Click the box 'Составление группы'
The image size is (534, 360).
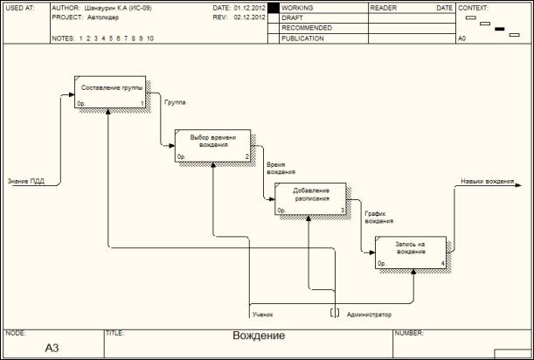pos(111,93)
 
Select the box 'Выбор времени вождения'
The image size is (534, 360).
pos(212,145)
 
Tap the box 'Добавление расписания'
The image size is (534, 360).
pos(311,198)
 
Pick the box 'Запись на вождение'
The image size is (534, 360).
pos(411,252)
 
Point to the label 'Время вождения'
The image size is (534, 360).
pos(275,169)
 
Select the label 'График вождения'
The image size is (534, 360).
pos(378,218)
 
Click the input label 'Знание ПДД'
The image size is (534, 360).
pos(26,182)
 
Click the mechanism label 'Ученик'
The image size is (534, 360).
pos(261,313)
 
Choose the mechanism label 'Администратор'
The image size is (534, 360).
pos(369,313)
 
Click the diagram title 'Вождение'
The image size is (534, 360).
pos(259,336)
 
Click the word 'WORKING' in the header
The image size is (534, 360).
pos(297,7)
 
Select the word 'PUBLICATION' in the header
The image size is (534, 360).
pos(302,38)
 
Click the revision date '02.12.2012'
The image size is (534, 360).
pos(250,17)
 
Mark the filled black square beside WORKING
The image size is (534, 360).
pos(273,7)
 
